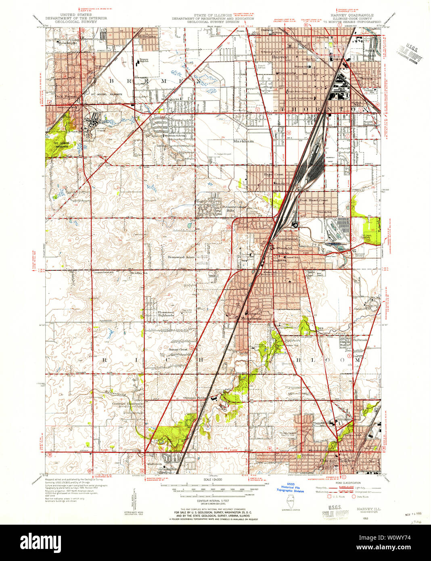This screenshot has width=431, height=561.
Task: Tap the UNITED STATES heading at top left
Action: coord(76,15)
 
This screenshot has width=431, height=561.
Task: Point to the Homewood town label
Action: coord(287,239)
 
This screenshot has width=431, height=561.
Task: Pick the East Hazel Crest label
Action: coord(313,200)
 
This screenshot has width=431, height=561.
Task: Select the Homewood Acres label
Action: coord(181,257)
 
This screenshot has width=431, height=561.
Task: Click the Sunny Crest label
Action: coord(178,349)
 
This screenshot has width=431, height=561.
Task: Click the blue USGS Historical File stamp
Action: coord(290,488)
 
